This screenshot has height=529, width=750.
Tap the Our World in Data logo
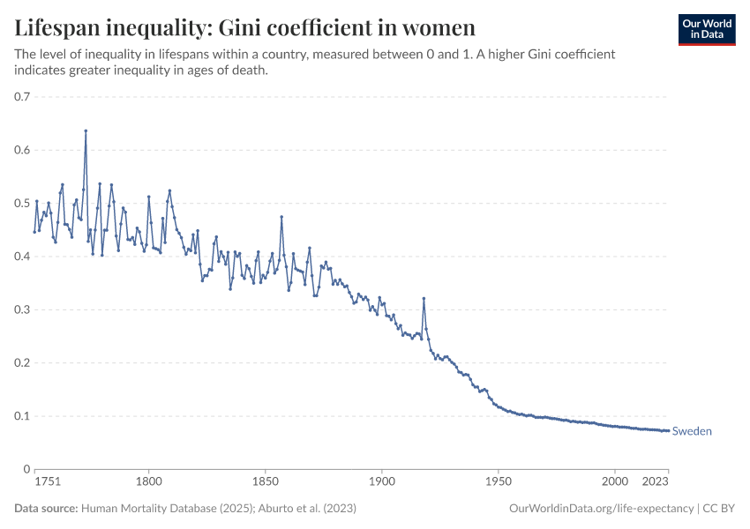coord(706,28)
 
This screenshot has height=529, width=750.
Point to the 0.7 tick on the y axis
coord(22,97)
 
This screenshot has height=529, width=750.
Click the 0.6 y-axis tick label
coord(22,150)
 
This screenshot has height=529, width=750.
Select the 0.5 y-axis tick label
coord(22,204)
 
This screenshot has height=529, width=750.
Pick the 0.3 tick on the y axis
coord(22,309)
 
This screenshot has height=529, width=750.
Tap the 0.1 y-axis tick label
coord(22,416)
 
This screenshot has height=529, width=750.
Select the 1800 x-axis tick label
coord(149,483)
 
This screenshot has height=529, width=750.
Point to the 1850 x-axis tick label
coord(266,483)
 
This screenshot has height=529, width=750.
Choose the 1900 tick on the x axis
coord(382,483)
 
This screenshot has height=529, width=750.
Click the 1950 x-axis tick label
coord(499,483)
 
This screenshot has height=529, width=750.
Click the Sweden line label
coord(692,431)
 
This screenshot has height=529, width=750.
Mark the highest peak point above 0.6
coord(86,131)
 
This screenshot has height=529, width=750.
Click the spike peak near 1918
coord(424,298)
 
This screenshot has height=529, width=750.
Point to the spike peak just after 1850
coord(281,217)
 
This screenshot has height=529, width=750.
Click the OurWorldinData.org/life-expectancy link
coord(602,509)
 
